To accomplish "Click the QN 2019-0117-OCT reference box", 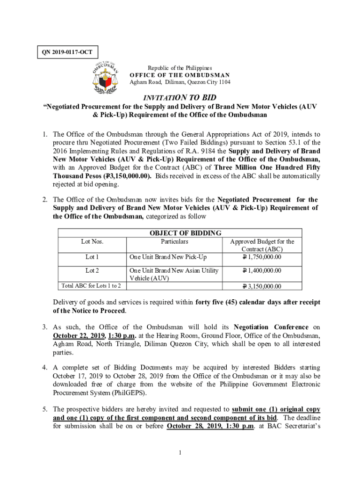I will [62, 52].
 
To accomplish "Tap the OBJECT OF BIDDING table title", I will [185, 233].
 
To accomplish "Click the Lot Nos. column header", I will [92, 241].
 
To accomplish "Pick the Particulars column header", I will [174, 241].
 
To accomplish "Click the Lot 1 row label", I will [92, 257].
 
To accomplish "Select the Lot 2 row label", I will [92, 270].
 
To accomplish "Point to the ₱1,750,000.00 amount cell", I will [262, 257].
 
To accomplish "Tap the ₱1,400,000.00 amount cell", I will [262, 270].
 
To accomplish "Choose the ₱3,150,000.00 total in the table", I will [262, 286].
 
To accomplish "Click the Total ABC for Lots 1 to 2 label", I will [91, 286].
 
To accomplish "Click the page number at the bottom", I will [180, 452].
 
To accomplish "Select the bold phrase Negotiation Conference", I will [271, 327].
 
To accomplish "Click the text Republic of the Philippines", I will [180, 68].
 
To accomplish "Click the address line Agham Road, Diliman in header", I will [180, 82].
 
